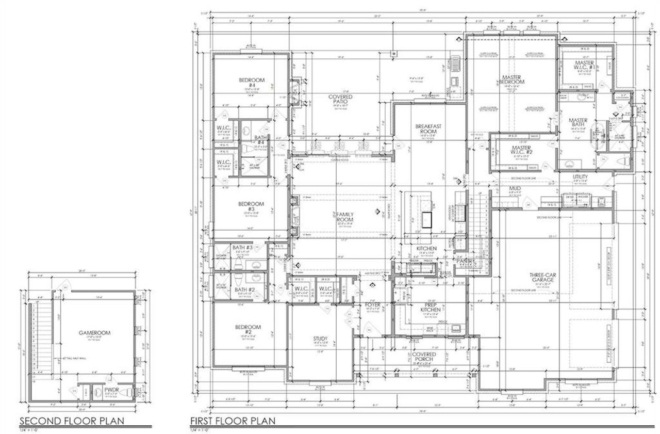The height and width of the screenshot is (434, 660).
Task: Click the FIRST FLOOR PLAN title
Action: [233, 421]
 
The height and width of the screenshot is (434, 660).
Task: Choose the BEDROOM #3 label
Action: [251, 206]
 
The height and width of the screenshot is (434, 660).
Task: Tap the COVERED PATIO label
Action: [340, 99]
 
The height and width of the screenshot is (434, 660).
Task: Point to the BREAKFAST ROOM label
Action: [426, 128]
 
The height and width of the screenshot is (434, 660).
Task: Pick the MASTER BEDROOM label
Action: [512, 80]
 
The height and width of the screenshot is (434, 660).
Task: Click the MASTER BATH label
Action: [578, 123]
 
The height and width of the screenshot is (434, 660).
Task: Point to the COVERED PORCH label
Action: [423, 357]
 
